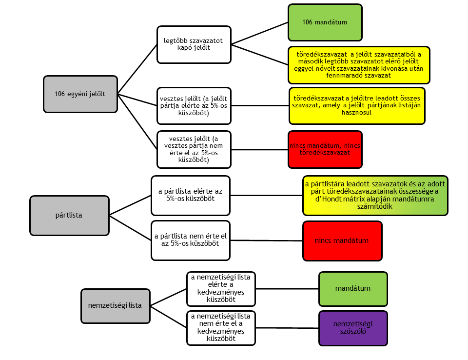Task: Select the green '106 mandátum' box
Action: tap(325, 22)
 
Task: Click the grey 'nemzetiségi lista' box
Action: tap(115, 305)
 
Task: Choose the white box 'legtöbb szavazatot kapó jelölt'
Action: tap(194, 44)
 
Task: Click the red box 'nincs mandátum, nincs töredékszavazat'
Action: tap(325, 149)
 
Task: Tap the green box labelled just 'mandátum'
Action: tap(353, 288)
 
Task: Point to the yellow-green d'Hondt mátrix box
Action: tap(375, 196)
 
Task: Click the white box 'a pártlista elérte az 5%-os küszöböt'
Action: tap(190, 195)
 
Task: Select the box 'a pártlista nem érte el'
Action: tap(190, 240)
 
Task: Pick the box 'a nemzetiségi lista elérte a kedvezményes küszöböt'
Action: tap(221, 288)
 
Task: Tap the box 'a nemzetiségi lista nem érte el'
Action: tap(221, 328)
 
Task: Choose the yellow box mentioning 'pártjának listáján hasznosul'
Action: tap(357, 105)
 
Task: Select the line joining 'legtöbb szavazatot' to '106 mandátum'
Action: tap(259, 33)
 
